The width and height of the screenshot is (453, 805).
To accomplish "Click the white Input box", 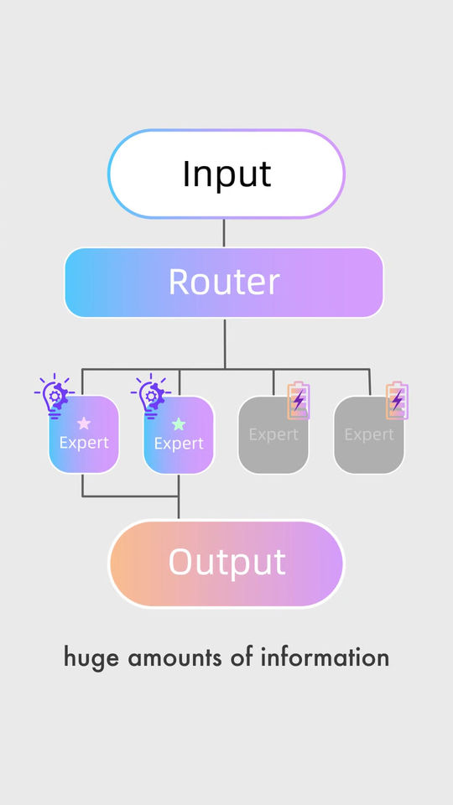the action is click(x=226, y=174).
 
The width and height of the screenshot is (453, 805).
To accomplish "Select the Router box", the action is click(x=224, y=283).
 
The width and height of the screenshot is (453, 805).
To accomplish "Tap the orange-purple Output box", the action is click(x=226, y=563).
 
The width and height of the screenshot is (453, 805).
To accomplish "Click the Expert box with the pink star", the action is click(x=84, y=434).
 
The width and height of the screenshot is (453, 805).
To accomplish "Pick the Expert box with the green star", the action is click(x=179, y=434).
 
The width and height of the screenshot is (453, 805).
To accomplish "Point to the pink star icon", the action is click(x=84, y=423).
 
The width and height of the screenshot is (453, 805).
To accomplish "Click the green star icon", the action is click(x=178, y=423).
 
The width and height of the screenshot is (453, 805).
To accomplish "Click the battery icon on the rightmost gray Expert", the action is click(x=397, y=400).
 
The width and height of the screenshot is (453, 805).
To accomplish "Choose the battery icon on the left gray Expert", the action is click(x=299, y=400).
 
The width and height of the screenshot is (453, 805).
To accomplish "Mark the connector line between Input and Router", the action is click(x=224, y=233).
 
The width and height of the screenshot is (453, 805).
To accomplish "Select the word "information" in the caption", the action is click(x=325, y=657).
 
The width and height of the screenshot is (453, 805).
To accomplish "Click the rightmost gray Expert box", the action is click(x=369, y=434).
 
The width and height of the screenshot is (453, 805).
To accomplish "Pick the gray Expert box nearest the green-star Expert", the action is click(x=273, y=434).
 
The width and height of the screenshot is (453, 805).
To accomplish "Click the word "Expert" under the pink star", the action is click(x=84, y=443).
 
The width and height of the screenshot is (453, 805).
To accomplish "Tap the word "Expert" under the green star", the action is click(x=179, y=444).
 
